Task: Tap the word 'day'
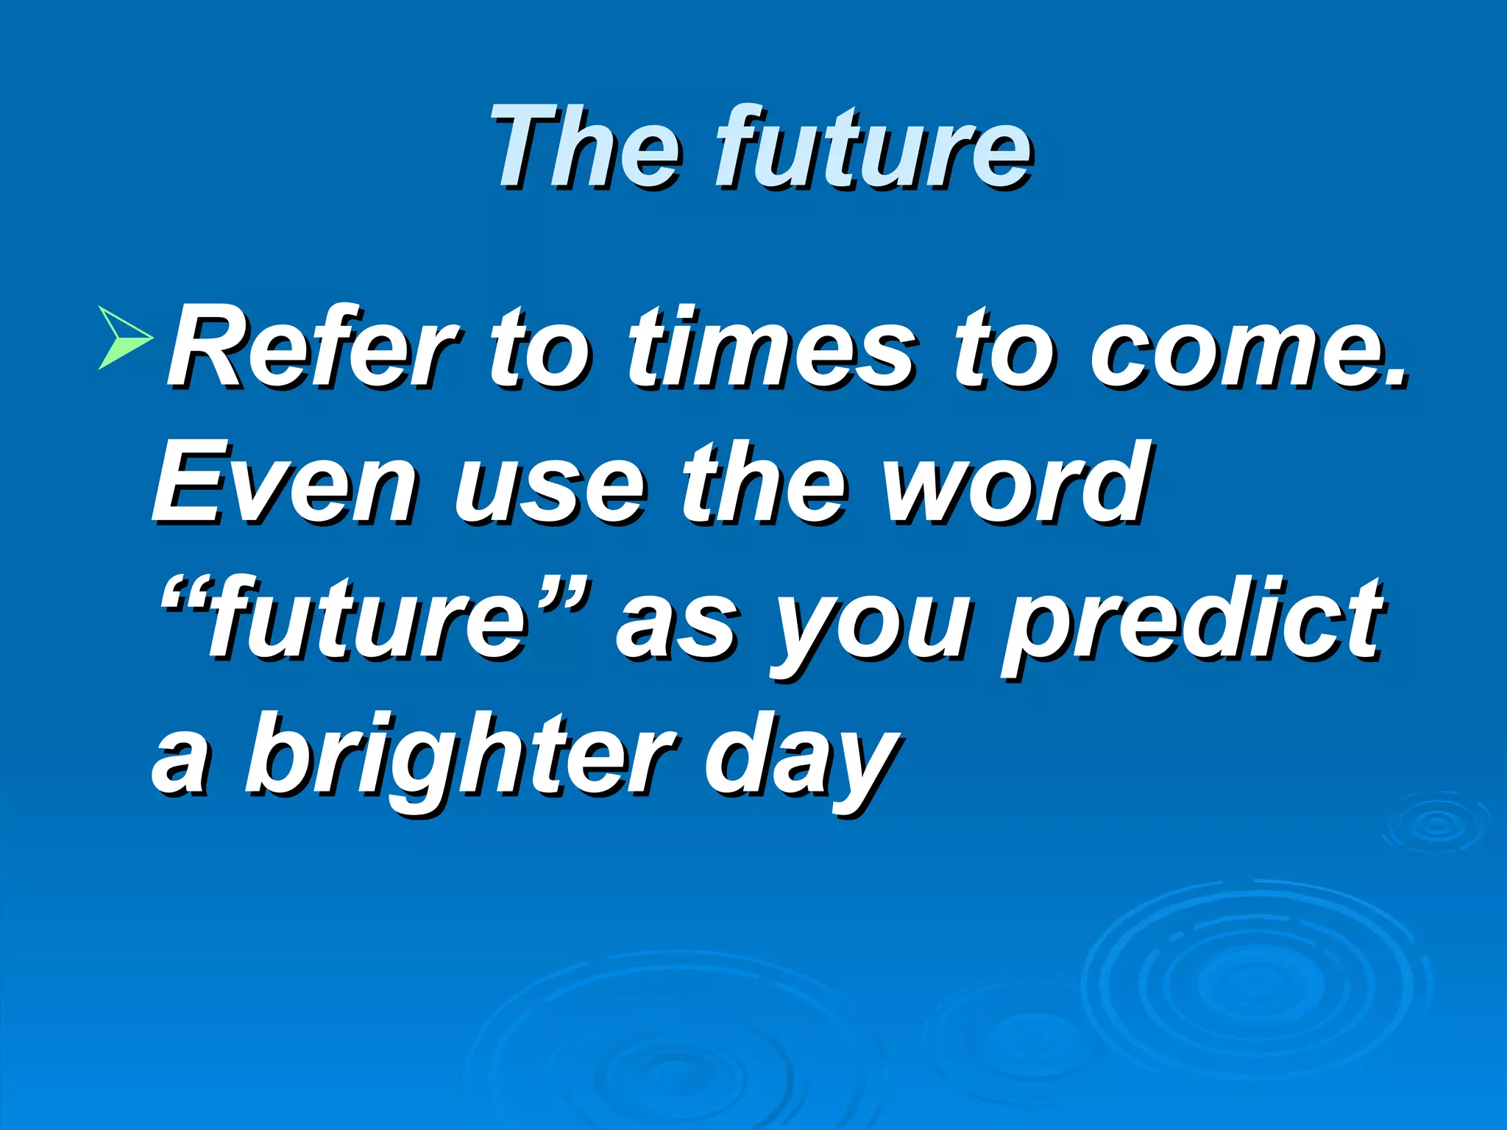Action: [802, 761]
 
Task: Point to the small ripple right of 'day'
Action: [1436, 823]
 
